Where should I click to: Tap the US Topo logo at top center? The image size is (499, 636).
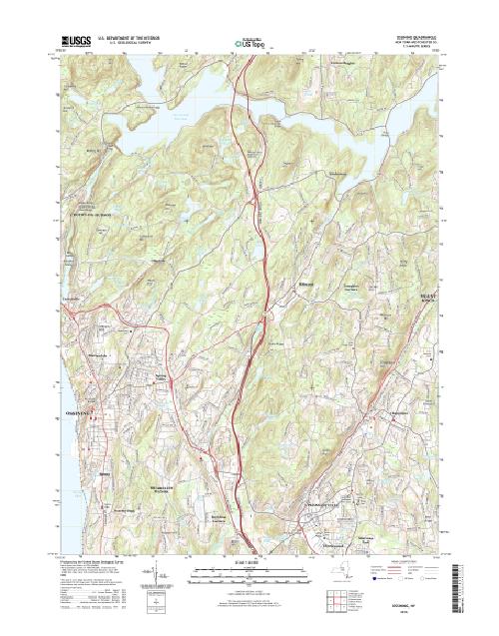pos(249,43)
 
